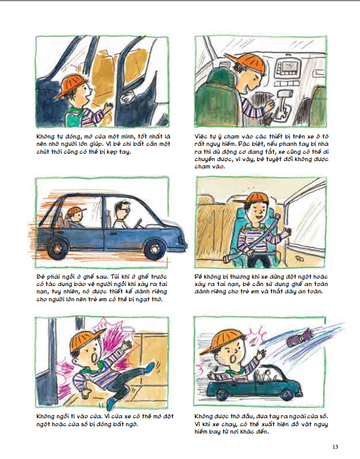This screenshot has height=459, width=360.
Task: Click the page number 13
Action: pos(335,447)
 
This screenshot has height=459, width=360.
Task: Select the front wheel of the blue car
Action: pos(154,249)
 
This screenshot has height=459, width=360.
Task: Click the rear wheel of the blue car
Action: pos(58,248)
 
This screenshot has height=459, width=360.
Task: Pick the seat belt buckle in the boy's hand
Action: pos(228,259)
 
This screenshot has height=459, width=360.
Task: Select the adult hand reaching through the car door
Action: pos(128,97)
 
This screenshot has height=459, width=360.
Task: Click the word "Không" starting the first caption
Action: pos(45,136)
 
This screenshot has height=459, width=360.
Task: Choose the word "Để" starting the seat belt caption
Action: pos(198,276)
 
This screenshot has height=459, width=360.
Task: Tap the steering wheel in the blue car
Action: pos(137,223)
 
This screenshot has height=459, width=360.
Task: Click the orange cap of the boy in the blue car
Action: pos(77,210)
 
